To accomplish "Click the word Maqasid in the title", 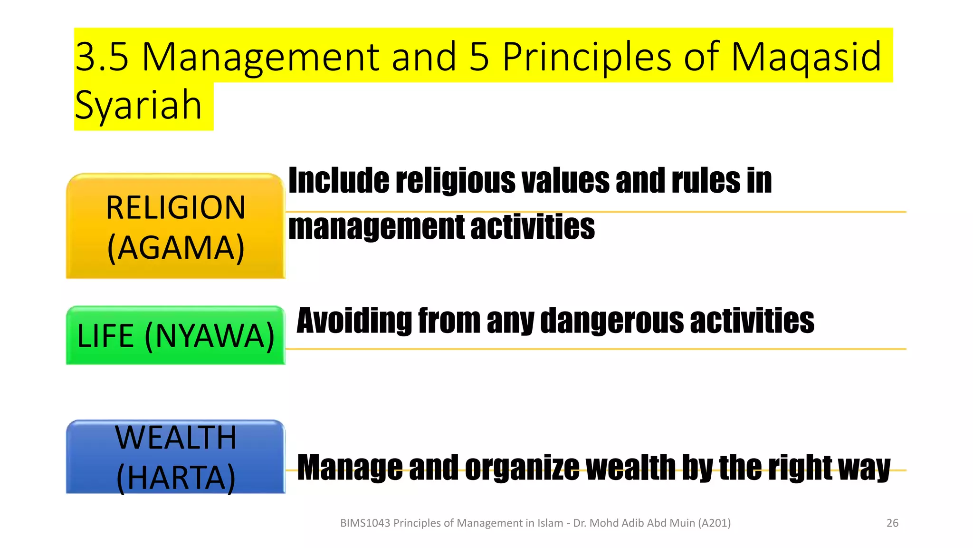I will [x=806, y=57].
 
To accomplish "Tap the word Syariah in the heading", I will [x=138, y=105].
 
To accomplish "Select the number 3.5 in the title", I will [x=102, y=57].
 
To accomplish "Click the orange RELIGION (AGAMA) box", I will [x=175, y=226].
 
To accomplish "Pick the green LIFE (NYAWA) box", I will [x=175, y=336].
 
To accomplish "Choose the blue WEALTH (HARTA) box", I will [x=175, y=457].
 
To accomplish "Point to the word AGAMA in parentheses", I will [x=176, y=248].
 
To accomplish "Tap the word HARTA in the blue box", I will [x=176, y=478].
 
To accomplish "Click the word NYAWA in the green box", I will [x=210, y=336].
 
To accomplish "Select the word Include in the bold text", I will [x=339, y=181].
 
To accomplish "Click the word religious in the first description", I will [x=455, y=181].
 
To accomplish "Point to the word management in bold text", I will [x=376, y=227].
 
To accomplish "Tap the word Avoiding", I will [x=354, y=321].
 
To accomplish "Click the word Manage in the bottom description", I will [x=350, y=468].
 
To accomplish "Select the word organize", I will [x=522, y=468].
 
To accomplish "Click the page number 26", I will [x=892, y=523].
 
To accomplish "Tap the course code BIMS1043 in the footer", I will [x=365, y=523].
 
